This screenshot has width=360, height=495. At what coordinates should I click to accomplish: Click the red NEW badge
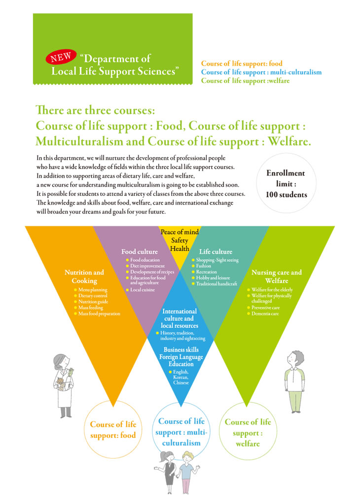(61, 57)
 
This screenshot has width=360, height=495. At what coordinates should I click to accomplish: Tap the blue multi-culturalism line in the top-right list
(261, 72)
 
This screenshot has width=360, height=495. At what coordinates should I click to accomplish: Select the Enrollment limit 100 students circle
(286, 184)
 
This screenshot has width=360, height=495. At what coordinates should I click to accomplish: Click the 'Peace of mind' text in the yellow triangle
(180, 232)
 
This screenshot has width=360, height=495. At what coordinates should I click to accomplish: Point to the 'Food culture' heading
(140, 251)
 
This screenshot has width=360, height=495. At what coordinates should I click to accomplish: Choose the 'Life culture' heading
(216, 251)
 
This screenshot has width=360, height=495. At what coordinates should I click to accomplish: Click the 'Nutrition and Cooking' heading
(84, 277)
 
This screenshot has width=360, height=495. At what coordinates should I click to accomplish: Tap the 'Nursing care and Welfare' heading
(277, 277)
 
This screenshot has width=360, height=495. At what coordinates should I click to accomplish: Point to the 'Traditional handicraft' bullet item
(215, 284)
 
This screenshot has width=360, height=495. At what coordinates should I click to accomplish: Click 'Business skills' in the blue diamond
(181, 350)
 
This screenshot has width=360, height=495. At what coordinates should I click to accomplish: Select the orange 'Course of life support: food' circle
(113, 429)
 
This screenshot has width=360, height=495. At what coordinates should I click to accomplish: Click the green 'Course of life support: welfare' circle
(248, 432)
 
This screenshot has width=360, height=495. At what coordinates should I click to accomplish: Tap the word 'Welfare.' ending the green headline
(289, 141)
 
